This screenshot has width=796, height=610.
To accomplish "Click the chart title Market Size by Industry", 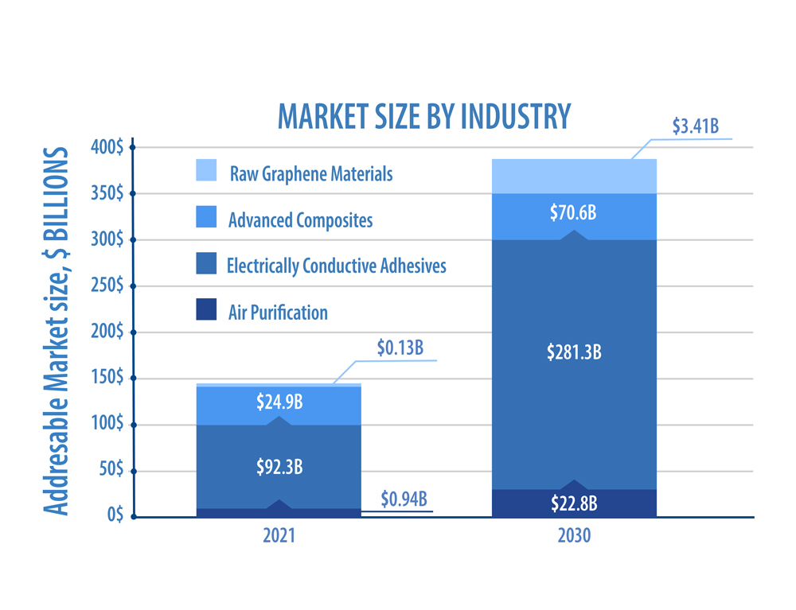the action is click(424, 116).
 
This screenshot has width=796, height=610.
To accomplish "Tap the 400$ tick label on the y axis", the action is click(107, 147).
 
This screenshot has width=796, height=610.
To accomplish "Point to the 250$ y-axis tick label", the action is click(107, 286).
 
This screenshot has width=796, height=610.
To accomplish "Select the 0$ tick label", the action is click(115, 514).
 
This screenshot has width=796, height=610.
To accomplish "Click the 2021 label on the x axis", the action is click(279, 535).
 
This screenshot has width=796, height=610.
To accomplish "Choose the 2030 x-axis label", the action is click(574, 535).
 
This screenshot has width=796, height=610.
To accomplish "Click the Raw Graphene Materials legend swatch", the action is click(206, 170).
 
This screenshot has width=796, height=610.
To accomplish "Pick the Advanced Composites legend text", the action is click(301, 220).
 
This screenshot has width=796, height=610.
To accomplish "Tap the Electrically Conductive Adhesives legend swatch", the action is click(206, 263).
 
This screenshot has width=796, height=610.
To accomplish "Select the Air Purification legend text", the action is click(278, 313).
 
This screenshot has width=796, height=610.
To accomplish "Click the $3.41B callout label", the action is click(696, 126).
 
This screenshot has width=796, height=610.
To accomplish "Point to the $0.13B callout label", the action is click(400, 348).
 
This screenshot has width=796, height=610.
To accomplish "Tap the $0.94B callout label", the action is click(404, 499).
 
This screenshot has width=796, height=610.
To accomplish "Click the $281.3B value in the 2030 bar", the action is click(574, 352).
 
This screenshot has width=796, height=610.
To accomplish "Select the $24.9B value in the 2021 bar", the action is click(279, 402).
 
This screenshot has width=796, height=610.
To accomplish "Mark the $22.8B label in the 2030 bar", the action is click(574, 503).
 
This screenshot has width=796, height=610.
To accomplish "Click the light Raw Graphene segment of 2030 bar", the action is click(574, 177).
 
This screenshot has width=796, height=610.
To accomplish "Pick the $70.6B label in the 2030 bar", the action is click(573, 212).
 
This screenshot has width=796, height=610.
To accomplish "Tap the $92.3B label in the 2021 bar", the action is click(279, 467).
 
